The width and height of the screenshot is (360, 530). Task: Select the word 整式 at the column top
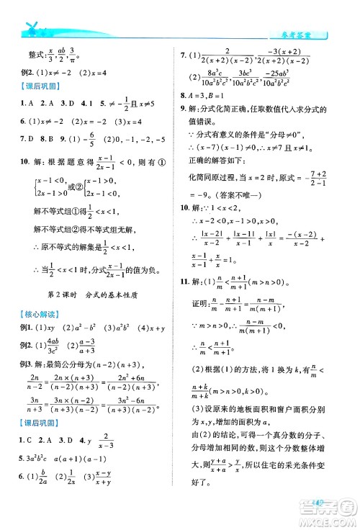click(32, 52)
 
